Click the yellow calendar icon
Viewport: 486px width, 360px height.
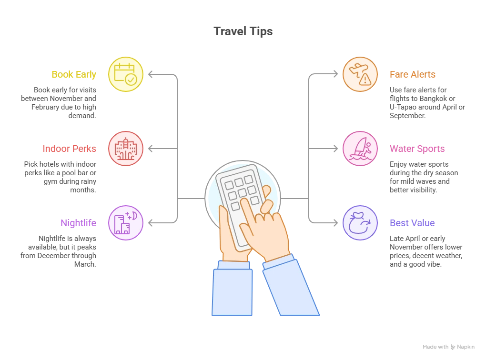125,74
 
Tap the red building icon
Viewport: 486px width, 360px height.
125,149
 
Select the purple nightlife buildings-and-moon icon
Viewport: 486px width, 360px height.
125,222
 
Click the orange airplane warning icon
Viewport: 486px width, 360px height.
360,74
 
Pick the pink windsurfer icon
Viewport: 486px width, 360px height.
360,149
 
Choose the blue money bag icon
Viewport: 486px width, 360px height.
360,222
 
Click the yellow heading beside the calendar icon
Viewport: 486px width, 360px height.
73,75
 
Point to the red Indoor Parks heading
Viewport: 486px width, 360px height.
69,149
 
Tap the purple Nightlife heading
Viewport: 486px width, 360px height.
79,223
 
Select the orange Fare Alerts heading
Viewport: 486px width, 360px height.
413,75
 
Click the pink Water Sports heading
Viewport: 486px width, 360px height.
417,149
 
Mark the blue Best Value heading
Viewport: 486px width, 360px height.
412,223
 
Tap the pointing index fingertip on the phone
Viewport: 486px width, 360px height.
244,202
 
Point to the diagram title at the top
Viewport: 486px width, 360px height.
243,32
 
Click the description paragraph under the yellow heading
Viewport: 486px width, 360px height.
60,101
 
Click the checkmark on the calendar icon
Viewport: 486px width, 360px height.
130,80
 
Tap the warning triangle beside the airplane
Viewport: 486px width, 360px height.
365,80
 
